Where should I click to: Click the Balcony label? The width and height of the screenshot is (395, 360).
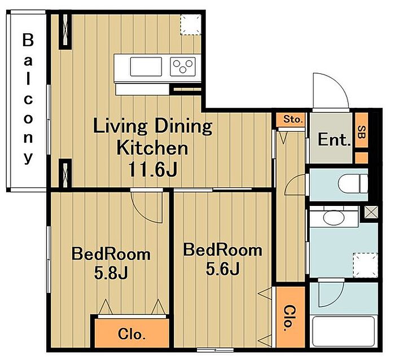(x=28, y=99)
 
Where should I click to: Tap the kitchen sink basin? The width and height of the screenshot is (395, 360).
(x=146, y=67)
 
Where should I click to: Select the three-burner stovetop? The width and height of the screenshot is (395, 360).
(x=183, y=67)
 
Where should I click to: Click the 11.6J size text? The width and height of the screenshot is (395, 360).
(x=153, y=169)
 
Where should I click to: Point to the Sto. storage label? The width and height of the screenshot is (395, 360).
(x=292, y=119)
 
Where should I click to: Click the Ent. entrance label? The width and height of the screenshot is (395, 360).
(x=334, y=140)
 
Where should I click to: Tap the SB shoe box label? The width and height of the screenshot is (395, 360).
(x=361, y=132)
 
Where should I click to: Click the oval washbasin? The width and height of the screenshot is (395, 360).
(x=334, y=217)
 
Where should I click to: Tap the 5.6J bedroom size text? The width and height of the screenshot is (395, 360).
(x=222, y=269)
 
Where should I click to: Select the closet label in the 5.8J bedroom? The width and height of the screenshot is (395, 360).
(x=131, y=334)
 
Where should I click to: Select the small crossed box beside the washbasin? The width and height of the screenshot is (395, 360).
(x=371, y=212)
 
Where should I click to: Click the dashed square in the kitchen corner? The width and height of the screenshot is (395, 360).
(x=191, y=24)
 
